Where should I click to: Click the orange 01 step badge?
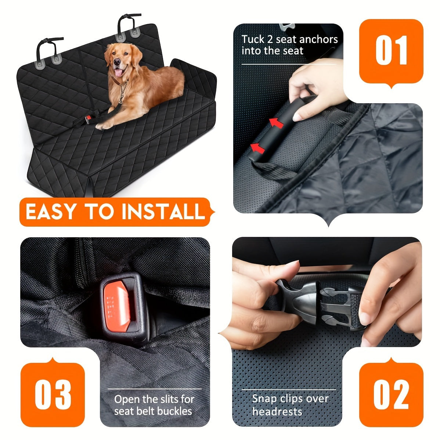tap(391, 51)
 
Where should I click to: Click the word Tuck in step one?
tap(253, 39)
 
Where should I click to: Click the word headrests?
tap(277, 411)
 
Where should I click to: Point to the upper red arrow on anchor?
tap(277, 123)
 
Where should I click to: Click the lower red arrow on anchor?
tap(258, 148)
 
